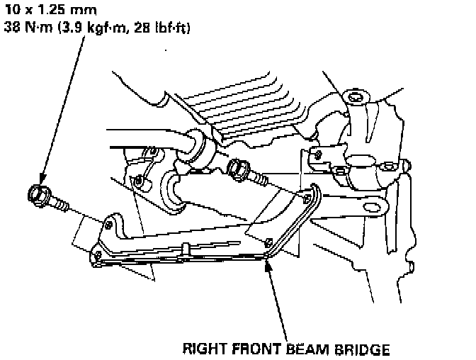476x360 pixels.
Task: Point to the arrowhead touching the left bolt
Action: coord(40,181)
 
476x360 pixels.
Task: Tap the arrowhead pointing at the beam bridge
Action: coord(268,264)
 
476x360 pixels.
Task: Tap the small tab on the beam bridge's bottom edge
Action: coord(185,248)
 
